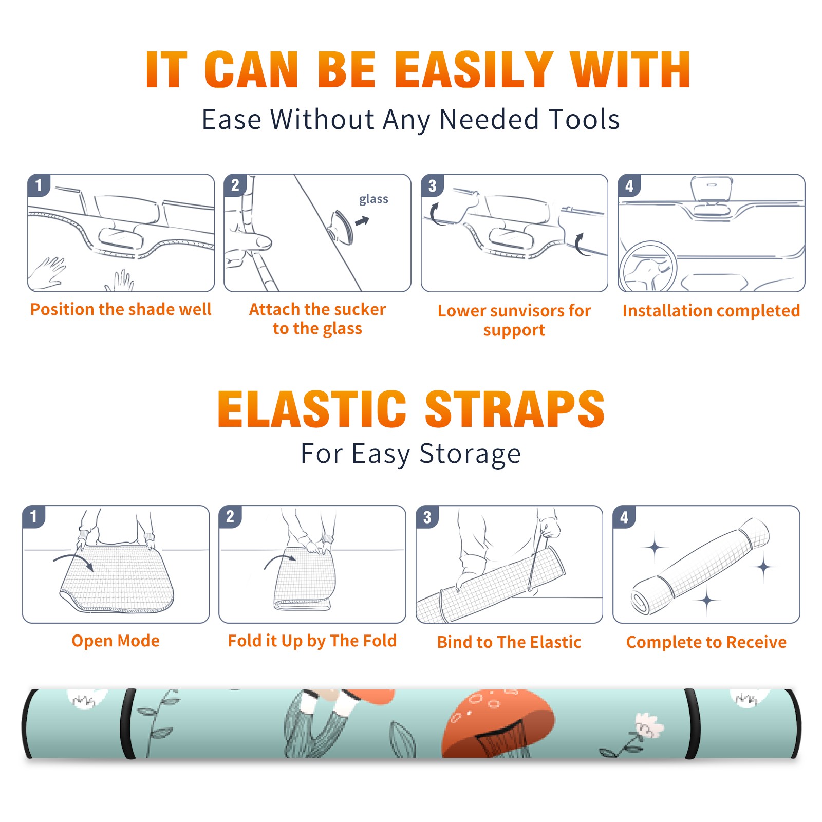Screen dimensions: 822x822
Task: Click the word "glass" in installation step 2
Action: coord(373,199)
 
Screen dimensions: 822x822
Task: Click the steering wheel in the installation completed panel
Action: coord(648,267)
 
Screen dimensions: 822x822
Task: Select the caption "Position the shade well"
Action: coord(121,309)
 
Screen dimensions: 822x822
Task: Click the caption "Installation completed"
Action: coord(711,310)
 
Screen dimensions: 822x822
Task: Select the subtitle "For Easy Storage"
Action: coord(411,454)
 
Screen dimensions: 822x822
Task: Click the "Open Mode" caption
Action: coord(116,641)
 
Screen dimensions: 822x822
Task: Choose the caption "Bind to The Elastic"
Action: coord(509,642)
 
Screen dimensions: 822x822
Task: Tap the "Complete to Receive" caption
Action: coord(706,642)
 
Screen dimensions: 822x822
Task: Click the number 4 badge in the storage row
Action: coord(624,517)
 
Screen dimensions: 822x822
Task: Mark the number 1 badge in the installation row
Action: coord(39,185)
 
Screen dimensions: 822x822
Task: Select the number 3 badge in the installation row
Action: coord(432,185)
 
